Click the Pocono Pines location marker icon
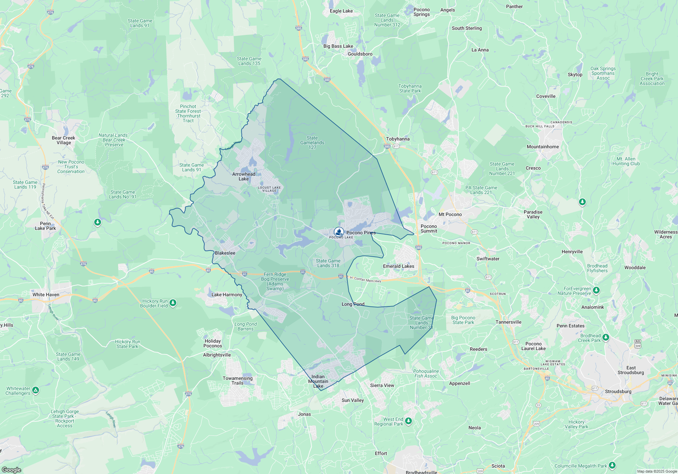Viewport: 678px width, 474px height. tap(339, 232)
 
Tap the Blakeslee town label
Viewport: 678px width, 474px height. tap(225, 253)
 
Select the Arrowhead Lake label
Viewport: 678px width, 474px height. tap(244, 176)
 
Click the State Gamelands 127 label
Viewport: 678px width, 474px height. tap(312, 143)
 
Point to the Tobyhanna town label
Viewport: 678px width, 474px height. tap(398, 139)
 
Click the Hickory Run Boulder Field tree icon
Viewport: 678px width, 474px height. tap(173, 302)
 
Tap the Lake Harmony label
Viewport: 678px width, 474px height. tap(227, 295)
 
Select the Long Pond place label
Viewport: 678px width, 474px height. tap(353, 304)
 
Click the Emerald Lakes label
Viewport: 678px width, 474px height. tap(399, 266)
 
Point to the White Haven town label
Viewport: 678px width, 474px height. tap(46, 295)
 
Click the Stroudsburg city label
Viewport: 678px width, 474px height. tap(618, 391)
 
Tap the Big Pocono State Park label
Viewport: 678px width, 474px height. tap(463, 320)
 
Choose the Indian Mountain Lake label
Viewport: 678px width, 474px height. tap(318, 381)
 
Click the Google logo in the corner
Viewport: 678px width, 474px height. tap(11, 470)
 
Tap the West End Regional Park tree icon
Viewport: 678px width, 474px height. tap(408, 421)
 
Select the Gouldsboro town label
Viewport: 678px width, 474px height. tap(360, 54)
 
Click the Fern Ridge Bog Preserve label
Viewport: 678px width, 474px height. tap(275, 281)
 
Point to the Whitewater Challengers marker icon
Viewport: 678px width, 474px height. tap(36, 390)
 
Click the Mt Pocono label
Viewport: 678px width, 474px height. tap(450, 214)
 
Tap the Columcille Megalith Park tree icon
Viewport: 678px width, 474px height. tap(612, 465)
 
